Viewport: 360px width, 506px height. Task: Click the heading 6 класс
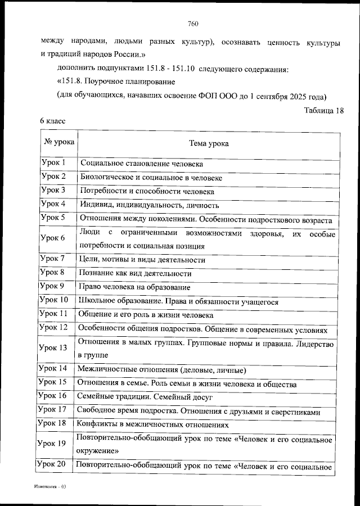tap(53, 121)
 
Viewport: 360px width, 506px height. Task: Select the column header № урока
tap(58, 143)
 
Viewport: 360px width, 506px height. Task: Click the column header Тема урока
tap(209, 144)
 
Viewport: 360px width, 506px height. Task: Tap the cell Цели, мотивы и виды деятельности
tap(142, 260)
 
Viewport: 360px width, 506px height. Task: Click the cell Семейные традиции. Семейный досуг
tap(142, 397)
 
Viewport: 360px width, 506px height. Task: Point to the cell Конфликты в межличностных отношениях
tap(153, 424)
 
